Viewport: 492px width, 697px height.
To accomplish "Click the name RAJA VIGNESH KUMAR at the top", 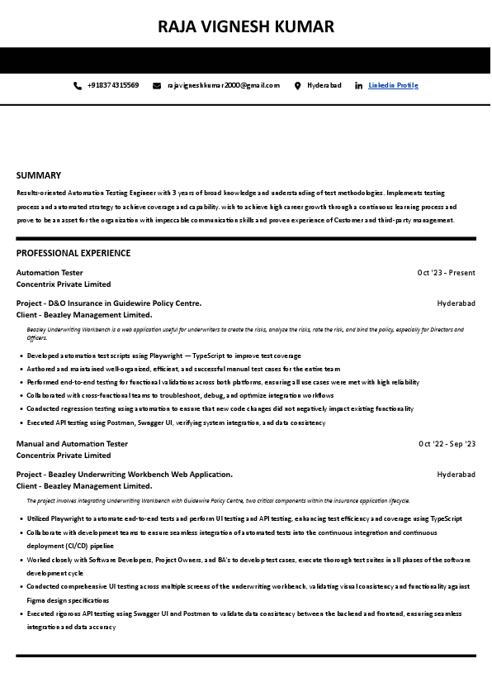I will pos(246,26).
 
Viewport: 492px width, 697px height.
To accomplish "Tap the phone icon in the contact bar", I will pos(78,85).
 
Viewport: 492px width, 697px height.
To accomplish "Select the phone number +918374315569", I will pos(113,85).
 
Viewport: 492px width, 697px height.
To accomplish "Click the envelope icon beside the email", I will pos(157,85).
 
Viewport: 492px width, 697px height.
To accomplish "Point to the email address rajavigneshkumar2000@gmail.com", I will pos(224,85).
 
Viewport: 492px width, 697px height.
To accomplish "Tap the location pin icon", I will pos(297,85).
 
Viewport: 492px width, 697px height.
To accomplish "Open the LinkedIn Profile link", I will pos(393,85).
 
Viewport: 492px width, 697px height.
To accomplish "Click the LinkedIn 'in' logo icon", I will pos(358,85).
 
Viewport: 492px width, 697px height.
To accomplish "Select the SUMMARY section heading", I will pos(39,175).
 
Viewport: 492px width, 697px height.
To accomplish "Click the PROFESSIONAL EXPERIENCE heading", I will pos(73,253).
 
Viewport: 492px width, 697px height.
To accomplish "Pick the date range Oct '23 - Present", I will pos(446,273).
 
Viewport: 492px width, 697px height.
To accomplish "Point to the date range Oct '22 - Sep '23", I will pos(447,444).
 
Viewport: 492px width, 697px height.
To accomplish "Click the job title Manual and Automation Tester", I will pos(72,444).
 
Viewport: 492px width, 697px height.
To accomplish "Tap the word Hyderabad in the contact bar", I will pos(324,85).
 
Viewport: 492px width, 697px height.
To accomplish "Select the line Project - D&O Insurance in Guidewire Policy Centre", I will pos(109,303).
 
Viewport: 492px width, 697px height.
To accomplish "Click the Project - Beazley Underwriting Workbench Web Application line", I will pos(125,475).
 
